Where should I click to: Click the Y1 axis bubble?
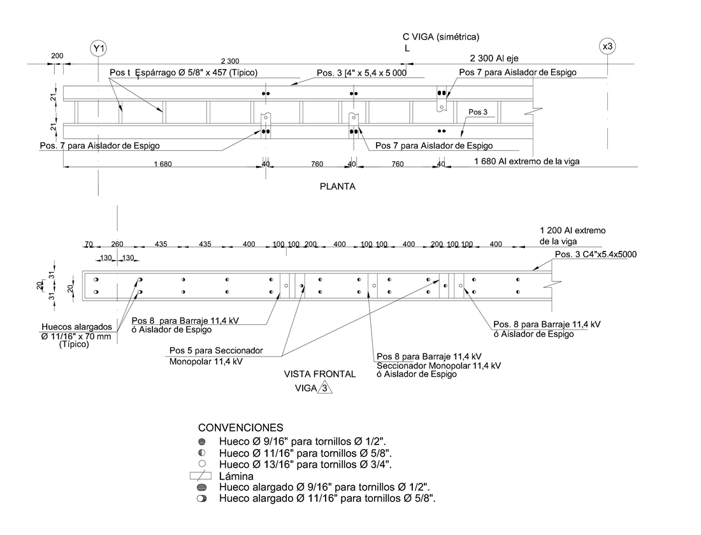[x=98, y=48]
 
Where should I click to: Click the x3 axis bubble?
[x=607, y=46]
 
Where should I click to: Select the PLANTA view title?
[x=337, y=187]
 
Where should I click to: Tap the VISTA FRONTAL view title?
[x=321, y=374]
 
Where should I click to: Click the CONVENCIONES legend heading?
[x=241, y=427]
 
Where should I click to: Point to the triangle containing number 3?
[x=325, y=389]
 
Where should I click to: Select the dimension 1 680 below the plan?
[x=163, y=164]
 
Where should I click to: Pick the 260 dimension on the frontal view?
[x=117, y=245]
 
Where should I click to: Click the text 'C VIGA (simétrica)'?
[x=440, y=36]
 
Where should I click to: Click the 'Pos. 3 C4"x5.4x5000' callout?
[x=596, y=254]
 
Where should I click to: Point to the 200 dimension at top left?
[x=57, y=56]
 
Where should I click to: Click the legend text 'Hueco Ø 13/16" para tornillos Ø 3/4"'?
[x=305, y=464]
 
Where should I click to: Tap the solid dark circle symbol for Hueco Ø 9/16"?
[x=202, y=441]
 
